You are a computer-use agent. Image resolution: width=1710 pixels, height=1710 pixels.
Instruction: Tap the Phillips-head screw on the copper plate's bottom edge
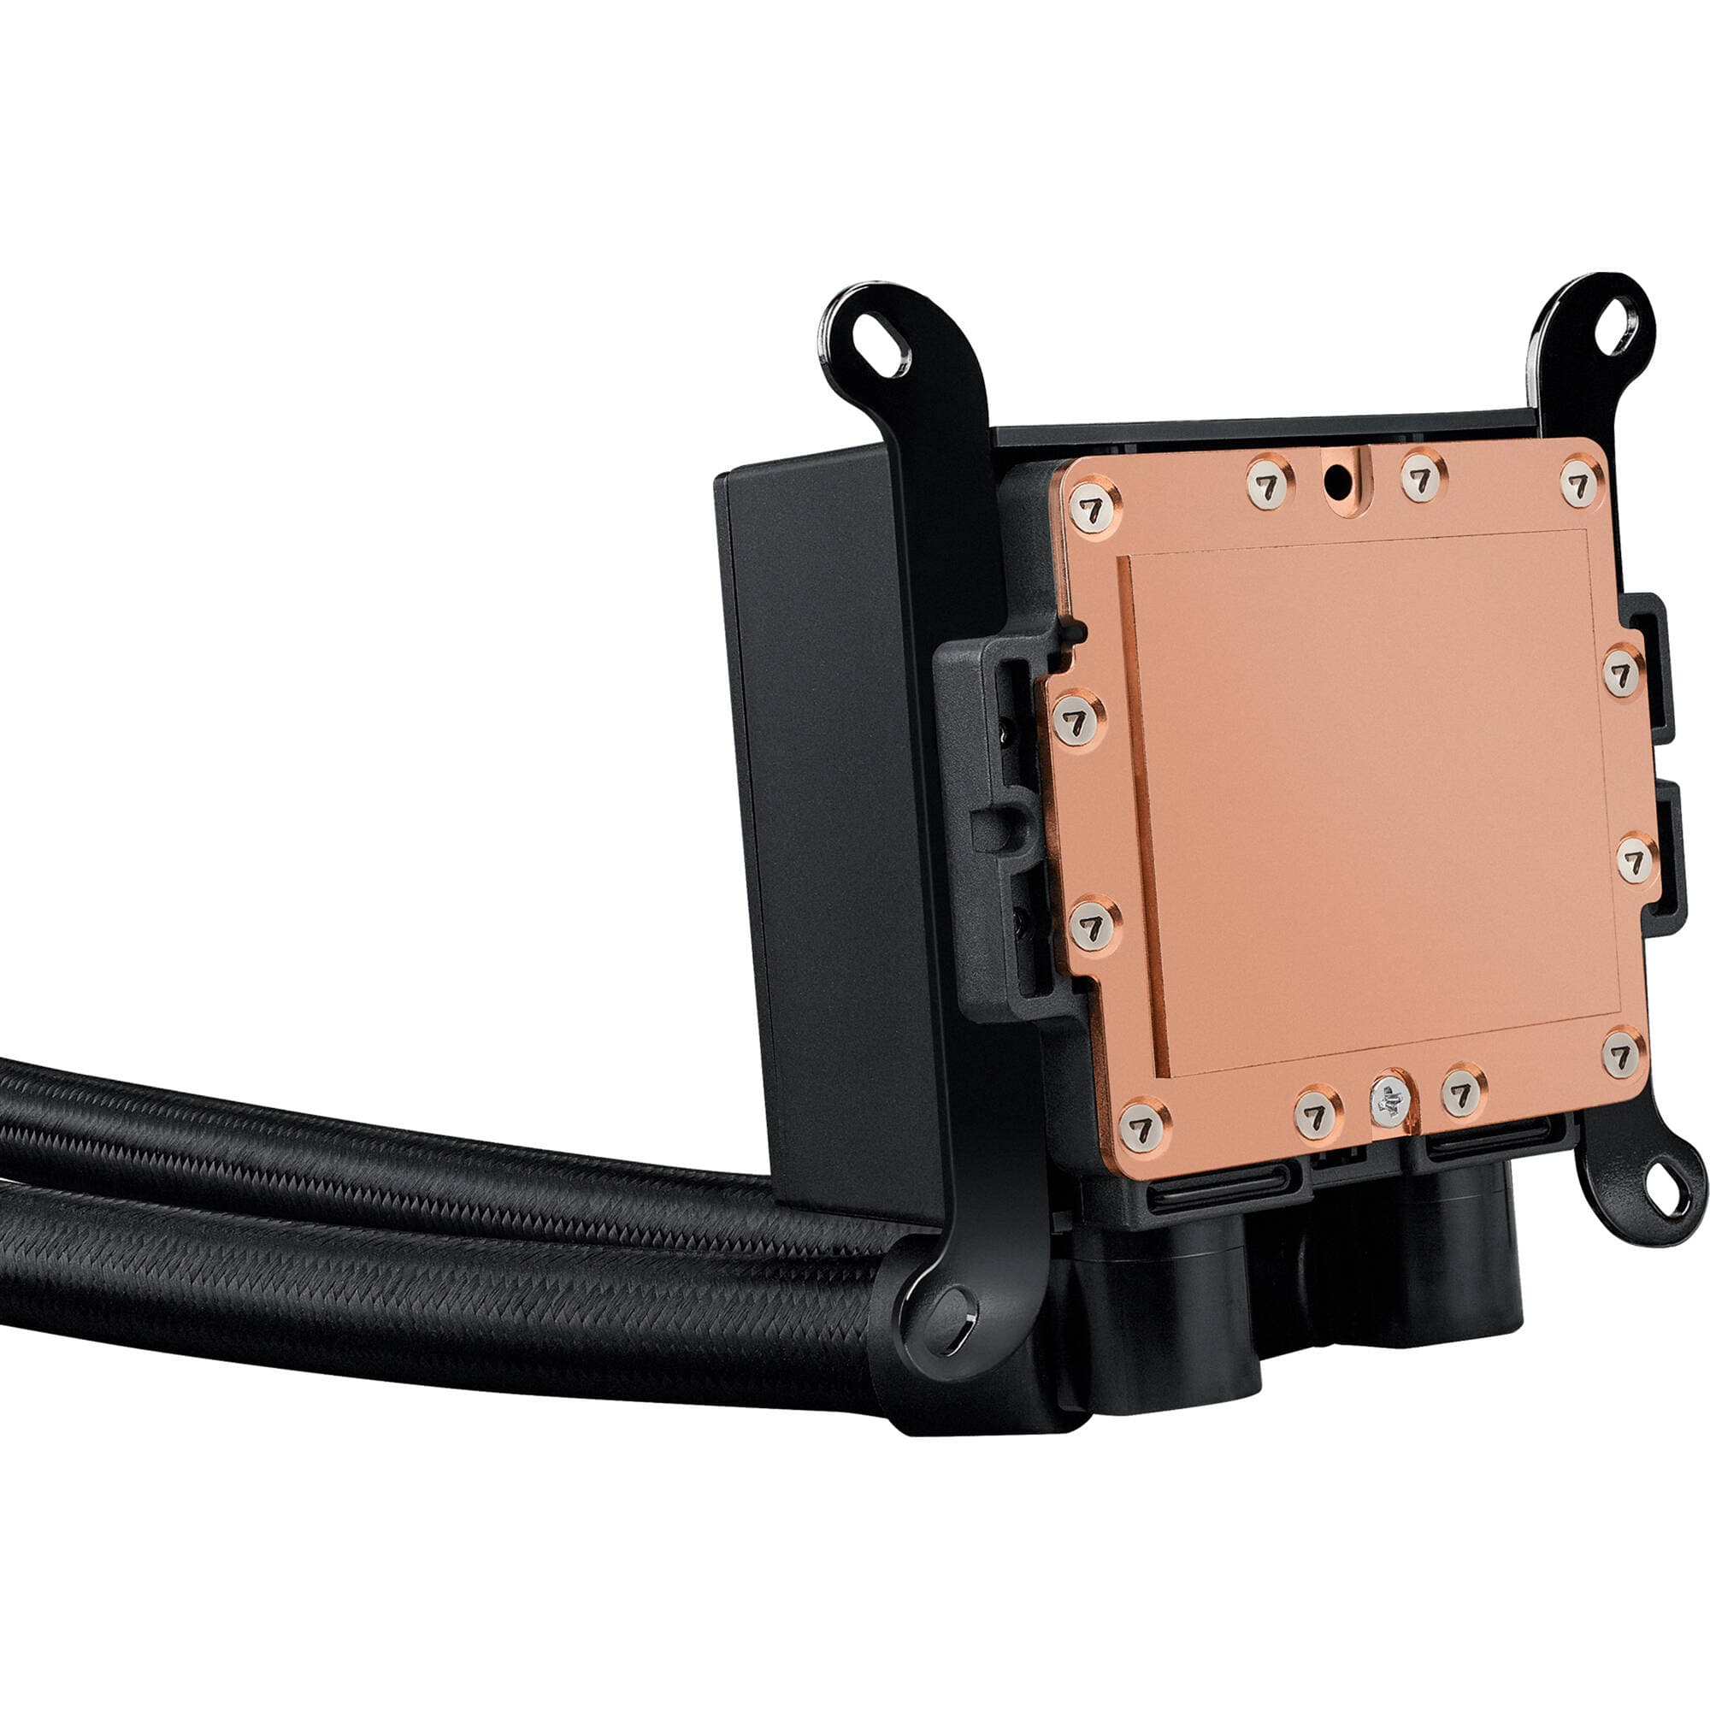[x=1389, y=1104]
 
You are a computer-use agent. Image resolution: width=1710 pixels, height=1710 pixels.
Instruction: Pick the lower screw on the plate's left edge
[x=1094, y=925]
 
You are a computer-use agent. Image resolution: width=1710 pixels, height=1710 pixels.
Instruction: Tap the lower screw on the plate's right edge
[x=1637, y=858]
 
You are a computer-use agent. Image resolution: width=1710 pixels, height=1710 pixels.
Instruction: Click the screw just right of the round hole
[x=1423, y=479]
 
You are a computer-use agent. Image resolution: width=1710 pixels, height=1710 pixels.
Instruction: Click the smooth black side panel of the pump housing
[x=823, y=797]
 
